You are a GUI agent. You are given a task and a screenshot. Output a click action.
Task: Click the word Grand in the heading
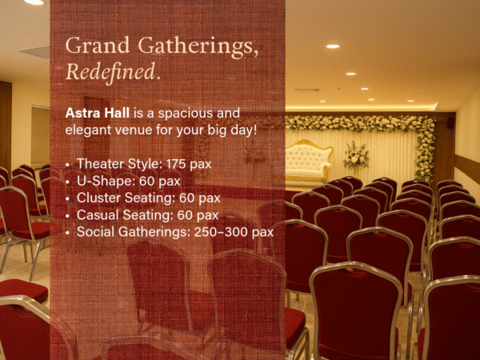click(98, 46)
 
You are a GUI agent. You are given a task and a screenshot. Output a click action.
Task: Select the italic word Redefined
click(110, 72)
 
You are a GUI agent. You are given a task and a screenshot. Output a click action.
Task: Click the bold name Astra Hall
click(98, 113)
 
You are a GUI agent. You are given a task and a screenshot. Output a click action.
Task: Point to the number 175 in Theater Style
click(176, 164)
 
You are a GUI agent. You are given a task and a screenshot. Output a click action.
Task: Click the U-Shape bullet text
click(129, 182)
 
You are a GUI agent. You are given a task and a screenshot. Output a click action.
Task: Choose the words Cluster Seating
click(126, 198)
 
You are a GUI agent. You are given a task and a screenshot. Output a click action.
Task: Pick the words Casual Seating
click(125, 215)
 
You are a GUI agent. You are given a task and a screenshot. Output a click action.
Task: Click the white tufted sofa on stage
click(307, 162)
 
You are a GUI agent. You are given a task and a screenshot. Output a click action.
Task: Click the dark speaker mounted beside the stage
click(450, 122)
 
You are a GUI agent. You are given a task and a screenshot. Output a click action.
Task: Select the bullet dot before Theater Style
click(68, 165)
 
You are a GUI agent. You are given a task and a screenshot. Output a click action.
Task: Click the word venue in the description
click(133, 130)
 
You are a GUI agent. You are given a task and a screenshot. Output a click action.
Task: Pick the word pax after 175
click(200, 166)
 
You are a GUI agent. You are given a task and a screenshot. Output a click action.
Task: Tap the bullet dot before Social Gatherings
click(68, 233)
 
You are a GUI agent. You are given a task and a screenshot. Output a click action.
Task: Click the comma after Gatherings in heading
click(255, 54)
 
